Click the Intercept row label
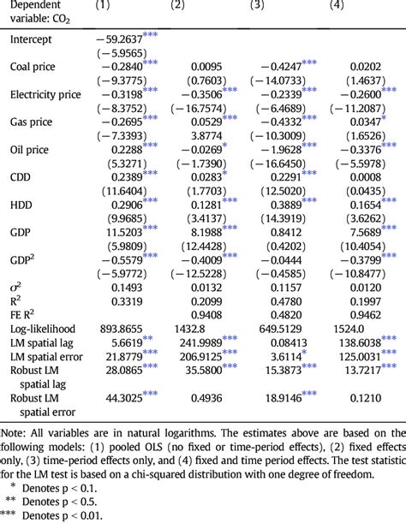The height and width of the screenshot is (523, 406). tap(32, 39)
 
